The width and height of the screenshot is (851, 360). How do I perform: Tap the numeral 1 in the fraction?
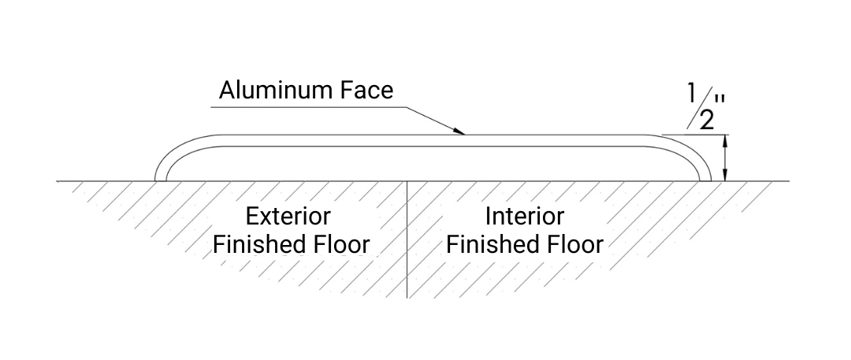pyautogui.click(x=692, y=93)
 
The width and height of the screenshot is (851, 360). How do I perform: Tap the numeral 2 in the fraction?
pyautogui.click(x=706, y=121)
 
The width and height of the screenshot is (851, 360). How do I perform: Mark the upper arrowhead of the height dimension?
pyautogui.click(x=726, y=139)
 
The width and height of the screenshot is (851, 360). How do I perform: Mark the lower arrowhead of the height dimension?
pyautogui.click(x=726, y=176)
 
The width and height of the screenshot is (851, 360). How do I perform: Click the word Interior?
pyautogui.click(x=524, y=216)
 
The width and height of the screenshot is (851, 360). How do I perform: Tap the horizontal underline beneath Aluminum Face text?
pyautogui.click(x=307, y=105)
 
